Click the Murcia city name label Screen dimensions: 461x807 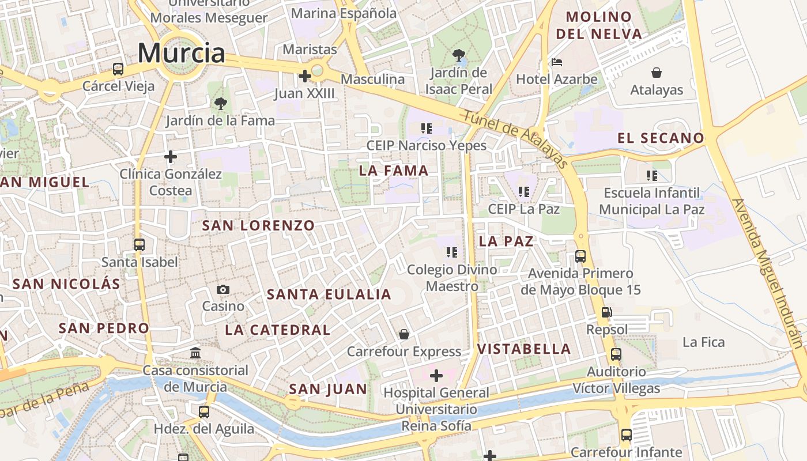[181, 54]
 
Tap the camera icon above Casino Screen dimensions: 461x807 [223, 289]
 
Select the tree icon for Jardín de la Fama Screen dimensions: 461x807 [220, 104]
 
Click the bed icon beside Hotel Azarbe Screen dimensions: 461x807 [556, 62]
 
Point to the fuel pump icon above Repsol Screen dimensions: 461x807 [606, 313]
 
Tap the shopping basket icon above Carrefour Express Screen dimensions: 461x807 [404, 334]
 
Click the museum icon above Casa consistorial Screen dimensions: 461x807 [195, 353]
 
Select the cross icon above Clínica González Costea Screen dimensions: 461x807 [170, 156]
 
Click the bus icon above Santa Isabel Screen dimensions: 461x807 [139, 245]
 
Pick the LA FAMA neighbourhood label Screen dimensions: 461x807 [394, 171]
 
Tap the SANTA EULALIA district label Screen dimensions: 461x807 [329, 295]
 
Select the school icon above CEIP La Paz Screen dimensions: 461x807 [523, 192]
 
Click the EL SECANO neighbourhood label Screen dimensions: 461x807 [661, 138]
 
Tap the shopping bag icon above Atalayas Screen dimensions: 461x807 [656, 73]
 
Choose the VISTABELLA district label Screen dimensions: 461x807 [523, 349]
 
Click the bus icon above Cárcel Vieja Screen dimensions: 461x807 [118, 69]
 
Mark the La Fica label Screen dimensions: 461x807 [703, 342]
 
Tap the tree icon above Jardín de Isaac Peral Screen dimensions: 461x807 [459, 56]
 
